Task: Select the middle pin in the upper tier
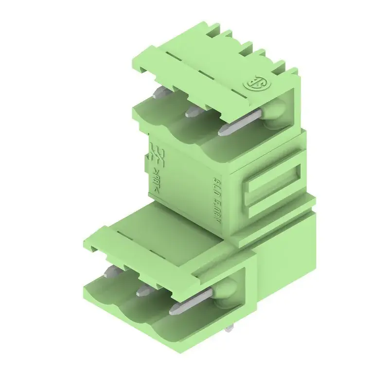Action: coord(192,111)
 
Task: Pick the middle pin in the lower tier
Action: coord(144,290)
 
